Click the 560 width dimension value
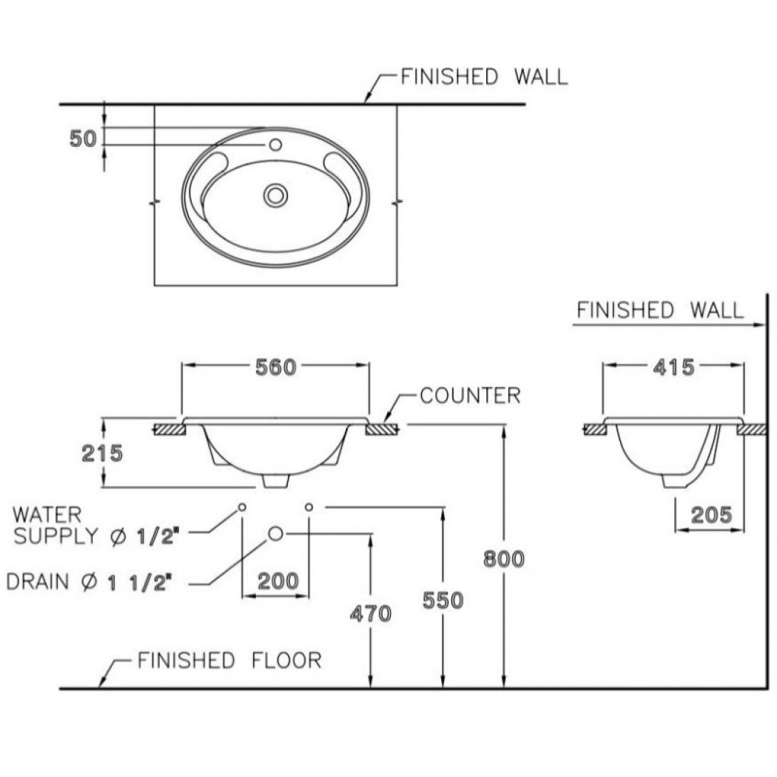tap(275, 367)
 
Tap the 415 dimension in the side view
tap(674, 367)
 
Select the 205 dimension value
tap(711, 514)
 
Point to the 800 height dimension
tap(503, 559)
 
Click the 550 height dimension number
tap(443, 600)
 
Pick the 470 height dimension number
tap(371, 613)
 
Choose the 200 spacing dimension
tap(277, 582)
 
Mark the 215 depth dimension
tap(102, 453)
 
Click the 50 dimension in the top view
tap(83, 139)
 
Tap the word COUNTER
tap(470, 396)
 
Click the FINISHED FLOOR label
tap(229, 660)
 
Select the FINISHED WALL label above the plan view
tap(484, 77)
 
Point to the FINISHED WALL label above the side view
tap(659, 310)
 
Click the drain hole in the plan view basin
tap(275, 195)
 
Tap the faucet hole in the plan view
tap(275, 145)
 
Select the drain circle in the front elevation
tap(276, 533)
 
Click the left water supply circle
tap(242, 507)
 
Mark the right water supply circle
tap(309, 507)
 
